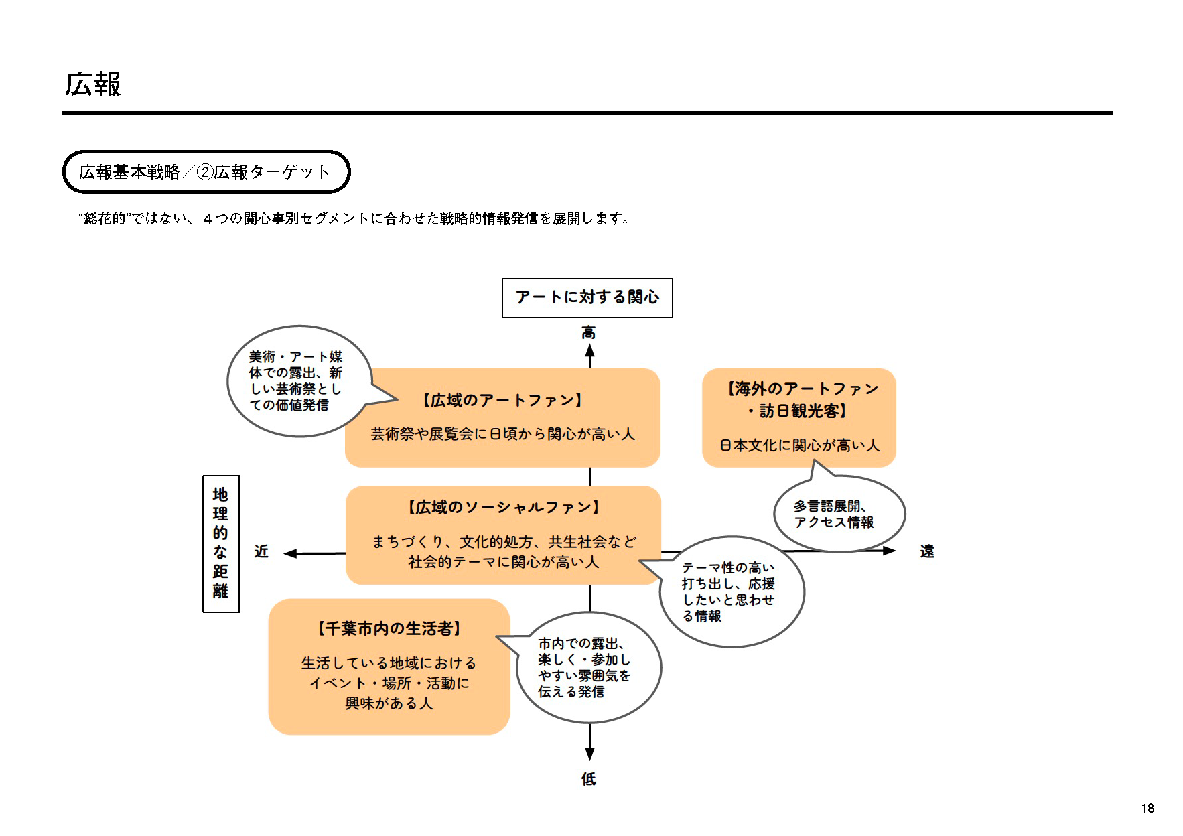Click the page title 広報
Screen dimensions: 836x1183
coord(92,84)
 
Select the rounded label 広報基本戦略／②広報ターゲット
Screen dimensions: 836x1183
coord(206,172)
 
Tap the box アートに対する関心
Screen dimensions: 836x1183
coord(587,297)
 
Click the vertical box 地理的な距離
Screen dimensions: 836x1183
coord(220,543)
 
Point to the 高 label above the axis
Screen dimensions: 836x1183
coord(589,332)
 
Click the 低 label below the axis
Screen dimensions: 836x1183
coord(589,778)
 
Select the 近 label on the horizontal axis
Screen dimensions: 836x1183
coord(261,551)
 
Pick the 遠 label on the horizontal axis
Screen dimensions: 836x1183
coord(927,551)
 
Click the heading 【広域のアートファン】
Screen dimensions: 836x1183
coord(502,401)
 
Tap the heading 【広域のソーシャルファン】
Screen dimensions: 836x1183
coord(503,508)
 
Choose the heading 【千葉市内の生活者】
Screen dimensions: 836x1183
coord(389,629)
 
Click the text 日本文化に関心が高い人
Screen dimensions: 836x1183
coord(799,445)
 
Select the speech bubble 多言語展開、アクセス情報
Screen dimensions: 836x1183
coord(839,514)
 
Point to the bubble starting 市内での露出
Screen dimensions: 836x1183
coord(587,668)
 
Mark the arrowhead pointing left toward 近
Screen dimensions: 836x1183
coord(291,553)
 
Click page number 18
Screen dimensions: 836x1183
coord(1147,808)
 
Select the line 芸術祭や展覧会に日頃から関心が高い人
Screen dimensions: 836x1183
coord(502,434)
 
